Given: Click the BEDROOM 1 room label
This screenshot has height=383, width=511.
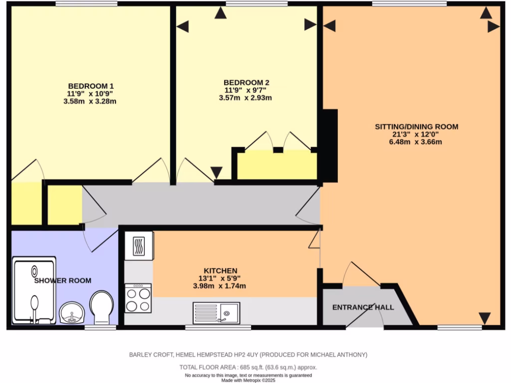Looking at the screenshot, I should [x=87, y=85].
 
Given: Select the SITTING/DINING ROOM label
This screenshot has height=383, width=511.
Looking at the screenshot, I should [x=416, y=127].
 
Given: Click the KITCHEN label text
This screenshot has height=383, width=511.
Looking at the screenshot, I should [x=220, y=270].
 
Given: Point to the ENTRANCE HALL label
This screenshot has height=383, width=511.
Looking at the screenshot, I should [x=363, y=307].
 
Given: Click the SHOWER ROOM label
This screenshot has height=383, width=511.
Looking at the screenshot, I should [x=63, y=281].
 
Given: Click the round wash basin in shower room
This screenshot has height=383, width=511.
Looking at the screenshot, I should [x=72, y=314].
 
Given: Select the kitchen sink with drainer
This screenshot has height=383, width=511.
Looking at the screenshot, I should [x=216, y=313].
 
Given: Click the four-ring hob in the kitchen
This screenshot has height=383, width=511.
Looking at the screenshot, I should [x=138, y=298].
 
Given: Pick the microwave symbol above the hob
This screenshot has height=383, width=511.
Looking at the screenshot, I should [x=139, y=245].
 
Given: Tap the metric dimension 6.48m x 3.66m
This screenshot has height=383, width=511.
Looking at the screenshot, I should [x=416, y=142].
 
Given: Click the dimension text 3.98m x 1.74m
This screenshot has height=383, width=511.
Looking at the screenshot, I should [x=220, y=286].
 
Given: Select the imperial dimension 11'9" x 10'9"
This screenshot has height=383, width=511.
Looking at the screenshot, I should [x=87, y=93].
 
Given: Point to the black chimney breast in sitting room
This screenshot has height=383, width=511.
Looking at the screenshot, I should [x=329, y=145].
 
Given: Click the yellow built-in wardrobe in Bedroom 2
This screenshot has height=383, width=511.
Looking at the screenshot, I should [x=277, y=165].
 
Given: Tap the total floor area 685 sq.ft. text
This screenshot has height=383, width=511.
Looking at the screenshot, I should [x=248, y=368].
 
